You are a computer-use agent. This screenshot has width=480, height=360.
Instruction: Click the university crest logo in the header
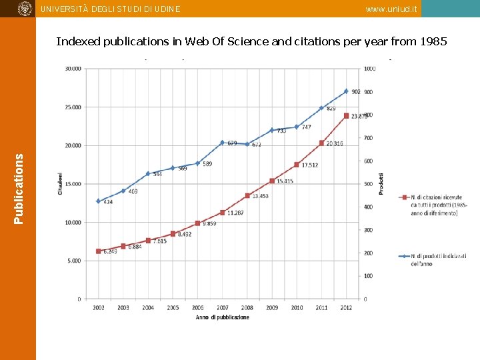click(x=25, y=9)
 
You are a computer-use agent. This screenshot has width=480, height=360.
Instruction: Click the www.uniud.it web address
click(x=392, y=9)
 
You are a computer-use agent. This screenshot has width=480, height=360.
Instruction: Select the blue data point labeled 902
click(x=346, y=91)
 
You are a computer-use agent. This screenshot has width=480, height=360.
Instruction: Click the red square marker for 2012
click(x=346, y=115)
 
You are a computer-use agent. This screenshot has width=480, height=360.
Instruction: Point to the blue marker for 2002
click(x=98, y=201)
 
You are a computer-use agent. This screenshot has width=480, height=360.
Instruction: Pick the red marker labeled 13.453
click(x=247, y=195)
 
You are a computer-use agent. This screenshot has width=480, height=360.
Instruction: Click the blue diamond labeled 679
click(x=222, y=143)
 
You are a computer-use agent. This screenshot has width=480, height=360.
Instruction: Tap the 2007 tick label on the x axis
click(x=222, y=308)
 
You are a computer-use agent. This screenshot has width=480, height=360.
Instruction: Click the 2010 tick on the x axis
click(x=297, y=308)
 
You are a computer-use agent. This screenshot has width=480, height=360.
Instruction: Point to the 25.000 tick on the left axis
click(x=72, y=107)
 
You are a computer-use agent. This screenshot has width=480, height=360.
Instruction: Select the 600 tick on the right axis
click(x=369, y=161)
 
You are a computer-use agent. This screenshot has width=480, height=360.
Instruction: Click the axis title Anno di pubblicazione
click(x=223, y=317)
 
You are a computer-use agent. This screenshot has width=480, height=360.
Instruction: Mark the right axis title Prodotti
click(x=381, y=183)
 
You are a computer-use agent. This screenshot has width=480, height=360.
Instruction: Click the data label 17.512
click(x=310, y=165)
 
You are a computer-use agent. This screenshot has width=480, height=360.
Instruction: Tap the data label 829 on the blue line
click(x=331, y=108)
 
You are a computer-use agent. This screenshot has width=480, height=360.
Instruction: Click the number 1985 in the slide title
click(x=435, y=41)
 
